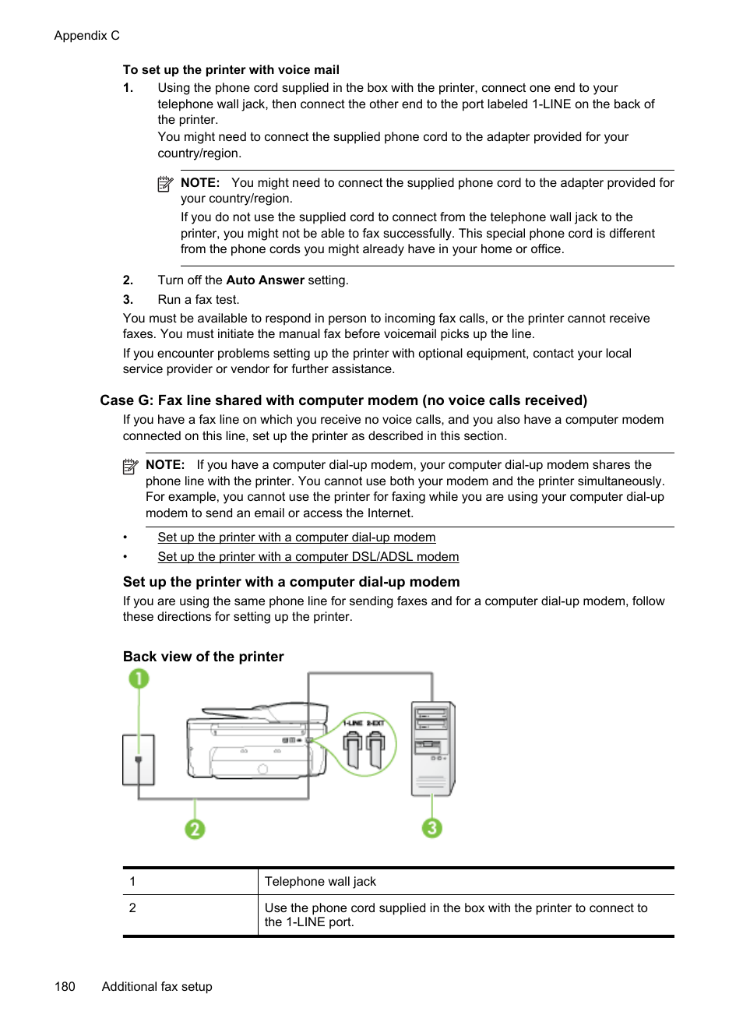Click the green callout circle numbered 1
[x=139, y=679]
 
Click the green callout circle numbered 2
[x=195, y=829]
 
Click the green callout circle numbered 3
[x=432, y=827]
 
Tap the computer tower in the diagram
[x=432, y=748]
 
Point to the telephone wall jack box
[x=139, y=759]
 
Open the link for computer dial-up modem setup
[x=296, y=537]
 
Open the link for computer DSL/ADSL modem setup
[x=308, y=557]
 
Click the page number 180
[x=65, y=986]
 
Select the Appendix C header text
[x=86, y=36]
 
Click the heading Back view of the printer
[x=203, y=657]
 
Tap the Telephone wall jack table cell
[x=320, y=882]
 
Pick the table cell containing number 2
[x=132, y=908]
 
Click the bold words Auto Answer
[x=265, y=280]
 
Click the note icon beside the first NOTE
[x=165, y=184]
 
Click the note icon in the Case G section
[x=130, y=467]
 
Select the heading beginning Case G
[x=343, y=400]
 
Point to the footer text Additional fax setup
[x=157, y=986]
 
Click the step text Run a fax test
[x=198, y=300]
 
